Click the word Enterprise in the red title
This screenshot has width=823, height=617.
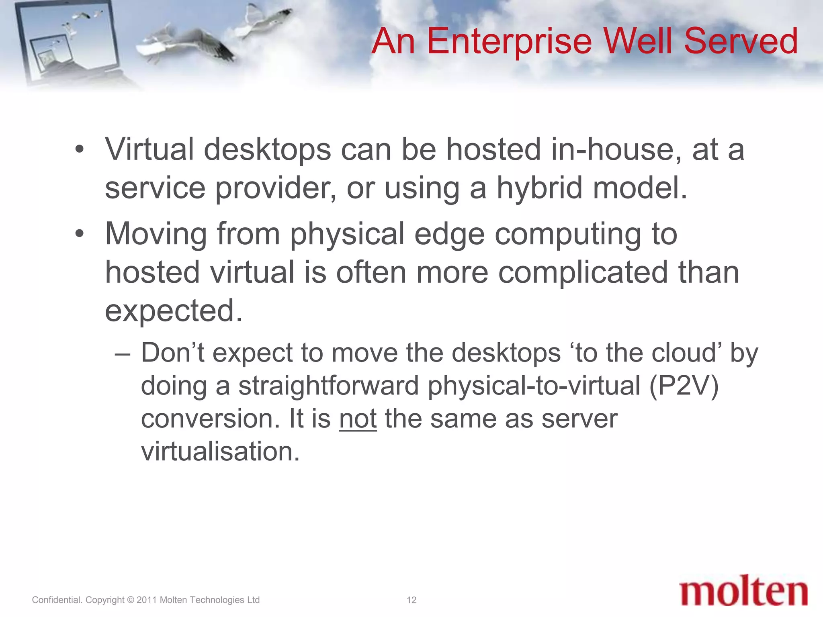tap(509, 41)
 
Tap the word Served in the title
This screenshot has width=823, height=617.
tap(741, 41)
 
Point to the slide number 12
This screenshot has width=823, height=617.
tap(411, 600)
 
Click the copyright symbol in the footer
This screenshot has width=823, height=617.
tap(130, 600)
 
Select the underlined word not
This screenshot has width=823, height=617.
tap(358, 419)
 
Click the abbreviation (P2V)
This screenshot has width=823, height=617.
tap(684, 386)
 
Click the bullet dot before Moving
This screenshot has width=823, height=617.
tap(80, 233)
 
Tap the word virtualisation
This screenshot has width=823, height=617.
tap(220, 452)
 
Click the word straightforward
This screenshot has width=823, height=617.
tap(329, 386)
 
